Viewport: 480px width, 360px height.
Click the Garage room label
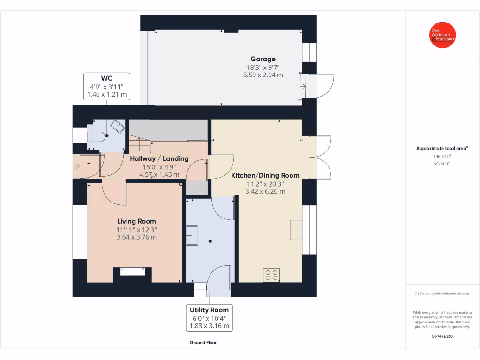[263, 59]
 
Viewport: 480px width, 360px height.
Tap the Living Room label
[136, 221]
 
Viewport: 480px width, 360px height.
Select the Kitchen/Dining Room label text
[265, 175]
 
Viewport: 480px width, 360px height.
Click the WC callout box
[107, 86]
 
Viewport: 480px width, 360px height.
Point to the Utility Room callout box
[210, 318]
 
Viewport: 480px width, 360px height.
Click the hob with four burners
[271, 275]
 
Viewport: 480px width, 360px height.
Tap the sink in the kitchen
[296, 230]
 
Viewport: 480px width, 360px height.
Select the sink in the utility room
[192, 235]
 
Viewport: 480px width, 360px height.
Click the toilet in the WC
[96, 137]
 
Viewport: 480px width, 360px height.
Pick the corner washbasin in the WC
[118, 126]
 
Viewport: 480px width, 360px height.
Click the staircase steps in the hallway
[140, 144]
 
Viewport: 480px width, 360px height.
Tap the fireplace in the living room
[133, 271]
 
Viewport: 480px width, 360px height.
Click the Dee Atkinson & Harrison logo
[442, 35]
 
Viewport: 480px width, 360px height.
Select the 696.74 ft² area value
[442, 156]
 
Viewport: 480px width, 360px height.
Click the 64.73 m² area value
[442, 163]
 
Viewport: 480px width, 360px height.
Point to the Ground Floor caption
[203, 343]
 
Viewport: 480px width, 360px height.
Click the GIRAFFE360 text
[442, 336]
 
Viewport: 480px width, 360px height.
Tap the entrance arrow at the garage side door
[303, 87]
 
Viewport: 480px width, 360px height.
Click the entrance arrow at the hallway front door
[76, 166]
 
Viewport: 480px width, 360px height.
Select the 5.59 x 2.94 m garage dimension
[263, 75]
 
